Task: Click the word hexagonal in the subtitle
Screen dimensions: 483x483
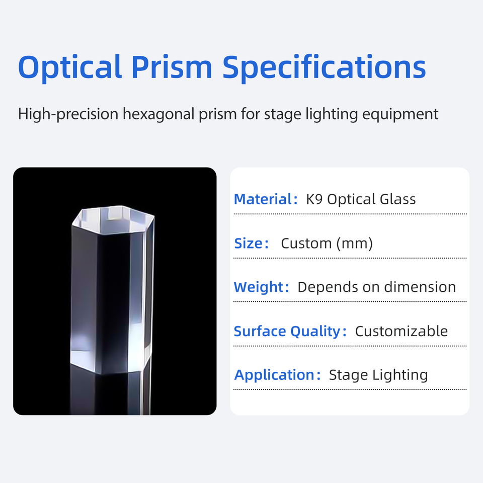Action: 158,114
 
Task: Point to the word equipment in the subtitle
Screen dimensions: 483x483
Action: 400,115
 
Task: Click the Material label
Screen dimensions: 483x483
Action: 266,199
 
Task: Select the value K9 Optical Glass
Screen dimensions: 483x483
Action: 361,199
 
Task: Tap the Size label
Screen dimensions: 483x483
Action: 252,244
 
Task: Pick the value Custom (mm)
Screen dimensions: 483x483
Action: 327,244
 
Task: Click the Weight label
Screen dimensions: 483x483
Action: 262,287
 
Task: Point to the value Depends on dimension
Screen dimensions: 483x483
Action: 377,287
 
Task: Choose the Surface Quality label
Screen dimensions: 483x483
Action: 290,332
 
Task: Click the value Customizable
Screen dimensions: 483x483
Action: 401,331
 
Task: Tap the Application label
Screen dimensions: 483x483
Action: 278,375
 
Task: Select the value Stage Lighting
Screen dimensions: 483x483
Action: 378,375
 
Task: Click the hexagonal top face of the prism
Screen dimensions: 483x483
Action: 113,220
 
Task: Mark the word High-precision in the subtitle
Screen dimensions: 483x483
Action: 68,114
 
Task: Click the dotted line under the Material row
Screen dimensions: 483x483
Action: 350,214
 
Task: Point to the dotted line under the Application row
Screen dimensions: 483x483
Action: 350,389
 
